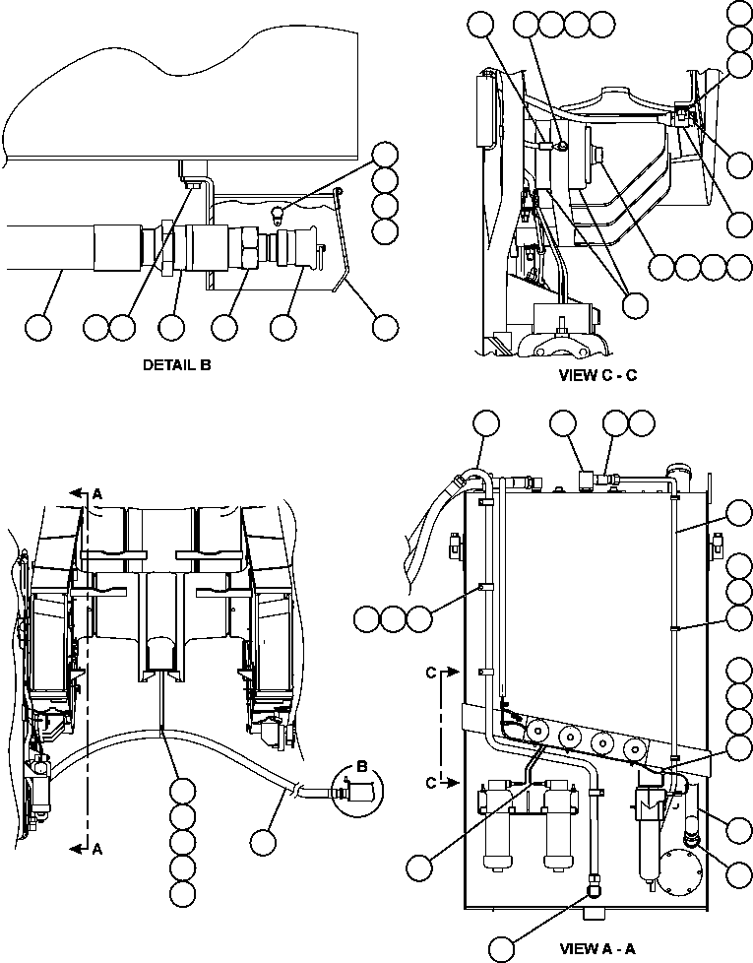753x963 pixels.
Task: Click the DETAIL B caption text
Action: coord(177,365)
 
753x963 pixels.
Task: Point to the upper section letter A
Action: coord(96,492)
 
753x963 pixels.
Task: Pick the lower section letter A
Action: coord(96,852)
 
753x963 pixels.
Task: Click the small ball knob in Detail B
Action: coord(280,211)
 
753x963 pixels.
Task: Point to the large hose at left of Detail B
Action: coord(49,246)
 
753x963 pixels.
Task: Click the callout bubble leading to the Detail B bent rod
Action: coord(384,328)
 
